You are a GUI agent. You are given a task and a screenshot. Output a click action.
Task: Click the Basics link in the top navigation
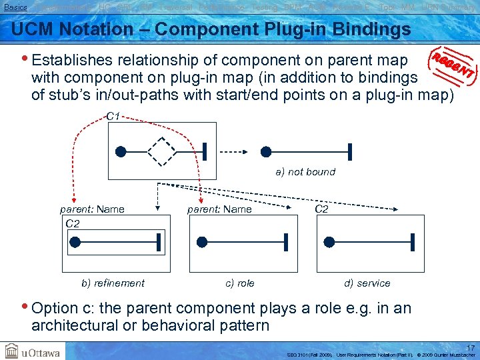coord(14,7)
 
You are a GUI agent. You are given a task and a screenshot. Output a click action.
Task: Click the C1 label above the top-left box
coord(113,117)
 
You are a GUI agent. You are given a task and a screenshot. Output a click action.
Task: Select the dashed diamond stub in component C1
coord(161,151)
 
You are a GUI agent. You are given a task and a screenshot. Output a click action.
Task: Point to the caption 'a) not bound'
coord(305,172)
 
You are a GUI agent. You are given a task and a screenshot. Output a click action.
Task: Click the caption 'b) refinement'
coord(113,283)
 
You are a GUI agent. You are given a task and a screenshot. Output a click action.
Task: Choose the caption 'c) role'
coord(240,283)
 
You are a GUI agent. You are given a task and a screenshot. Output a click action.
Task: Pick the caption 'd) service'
coord(367,283)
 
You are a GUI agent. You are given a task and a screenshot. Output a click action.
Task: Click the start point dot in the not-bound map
coord(266,152)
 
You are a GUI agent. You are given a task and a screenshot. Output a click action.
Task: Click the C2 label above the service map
coord(321,209)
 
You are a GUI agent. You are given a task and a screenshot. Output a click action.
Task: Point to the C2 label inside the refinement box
coord(73,223)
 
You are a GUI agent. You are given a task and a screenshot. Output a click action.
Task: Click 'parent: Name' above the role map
coord(219,209)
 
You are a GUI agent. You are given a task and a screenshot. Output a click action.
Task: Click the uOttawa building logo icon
coord(12,351)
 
